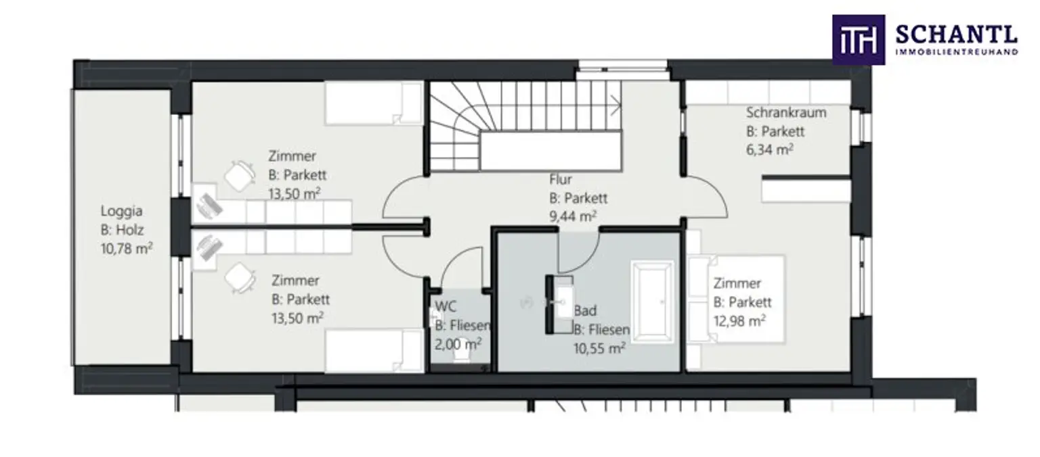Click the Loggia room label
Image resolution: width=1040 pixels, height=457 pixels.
click(x=122, y=212)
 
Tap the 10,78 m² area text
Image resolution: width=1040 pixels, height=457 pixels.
click(x=127, y=248)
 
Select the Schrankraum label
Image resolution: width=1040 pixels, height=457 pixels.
click(x=786, y=113)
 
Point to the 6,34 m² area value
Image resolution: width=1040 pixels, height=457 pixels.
click(x=770, y=149)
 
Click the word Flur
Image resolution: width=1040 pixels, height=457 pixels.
click(x=561, y=179)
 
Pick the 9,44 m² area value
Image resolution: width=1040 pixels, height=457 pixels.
click(x=573, y=216)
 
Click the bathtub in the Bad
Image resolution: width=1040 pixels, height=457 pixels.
click(x=652, y=302)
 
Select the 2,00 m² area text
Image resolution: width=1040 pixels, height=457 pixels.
click(x=458, y=344)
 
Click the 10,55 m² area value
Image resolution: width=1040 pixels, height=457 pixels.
click(x=599, y=348)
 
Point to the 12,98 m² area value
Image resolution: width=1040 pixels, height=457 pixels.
click(x=739, y=320)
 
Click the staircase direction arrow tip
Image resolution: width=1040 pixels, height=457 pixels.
click(x=621, y=105)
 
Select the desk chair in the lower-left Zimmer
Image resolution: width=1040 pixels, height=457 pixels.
click(x=240, y=279)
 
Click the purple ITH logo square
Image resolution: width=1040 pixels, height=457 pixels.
click(x=858, y=40)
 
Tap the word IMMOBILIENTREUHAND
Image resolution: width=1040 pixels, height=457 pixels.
click(x=957, y=52)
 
